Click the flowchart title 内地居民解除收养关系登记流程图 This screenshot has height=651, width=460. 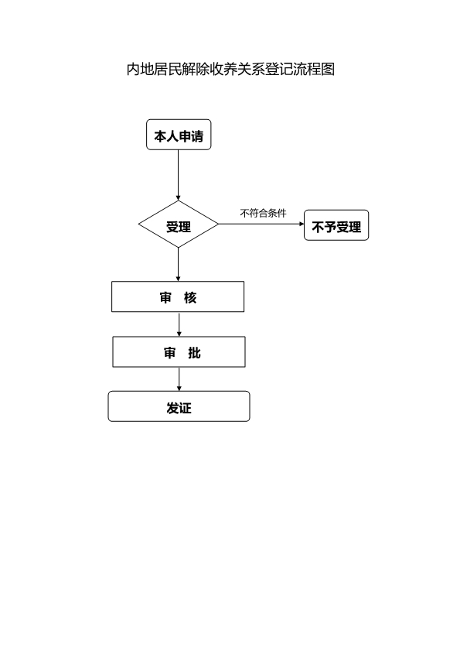pyautogui.click(x=230, y=70)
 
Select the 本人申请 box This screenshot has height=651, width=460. pyautogui.click(x=179, y=135)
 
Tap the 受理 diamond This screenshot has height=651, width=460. pyautogui.click(x=179, y=226)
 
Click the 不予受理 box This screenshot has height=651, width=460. pyautogui.click(x=336, y=226)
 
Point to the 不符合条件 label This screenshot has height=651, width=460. pyautogui.click(x=263, y=213)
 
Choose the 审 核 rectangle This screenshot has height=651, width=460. pyautogui.click(x=178, y=296)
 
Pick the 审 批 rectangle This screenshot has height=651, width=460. pyautogui.click(x=179, y=352)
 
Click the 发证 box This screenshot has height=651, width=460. pyautogui.click(x=179, y=407)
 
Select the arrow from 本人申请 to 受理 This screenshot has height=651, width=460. pyautogui.click(x=179, y=174)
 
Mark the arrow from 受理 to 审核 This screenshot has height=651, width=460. pyautogui.click(x=179, y=264)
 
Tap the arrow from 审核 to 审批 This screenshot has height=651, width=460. pyautogui.click(x=179, y=324)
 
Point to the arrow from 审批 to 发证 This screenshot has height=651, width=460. pyautogui.click(x=179, y=379)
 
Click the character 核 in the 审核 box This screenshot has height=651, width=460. pyautogui.click(x=191, y=297)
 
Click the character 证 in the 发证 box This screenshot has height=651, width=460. pyautogui.click(x=186, y=408)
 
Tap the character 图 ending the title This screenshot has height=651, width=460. pyautogui.click(x=327, y=70)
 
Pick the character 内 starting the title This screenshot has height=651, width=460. pyautogui.click(x=134, y=70)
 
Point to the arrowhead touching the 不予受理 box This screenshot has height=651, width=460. pyautogui.click(x=302, y=224)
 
